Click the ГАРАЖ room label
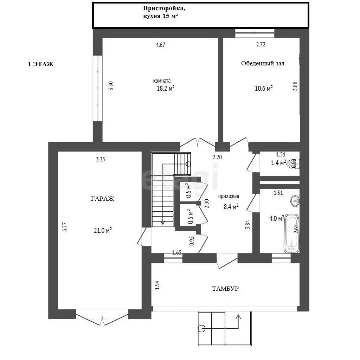pos(102,199)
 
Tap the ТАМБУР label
pos(225,289)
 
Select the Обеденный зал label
pos(263,63)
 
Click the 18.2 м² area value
pos(166,88)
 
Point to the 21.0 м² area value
pos(103,230)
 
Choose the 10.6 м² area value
pos(264,88)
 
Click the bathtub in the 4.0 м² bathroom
pos(291,233)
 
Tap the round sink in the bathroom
pos(295,201)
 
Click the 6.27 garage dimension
pos(65,227)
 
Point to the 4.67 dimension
pos(160,45)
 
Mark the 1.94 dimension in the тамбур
pos(157,285)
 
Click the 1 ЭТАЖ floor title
pos(41,64)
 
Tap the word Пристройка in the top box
pos(164,8)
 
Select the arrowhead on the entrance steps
pos(238,317)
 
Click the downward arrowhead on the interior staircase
pos(162,222)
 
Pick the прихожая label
pos(229,196)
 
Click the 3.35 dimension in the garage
pos(101,159)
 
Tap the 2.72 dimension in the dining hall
pos(261,44)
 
